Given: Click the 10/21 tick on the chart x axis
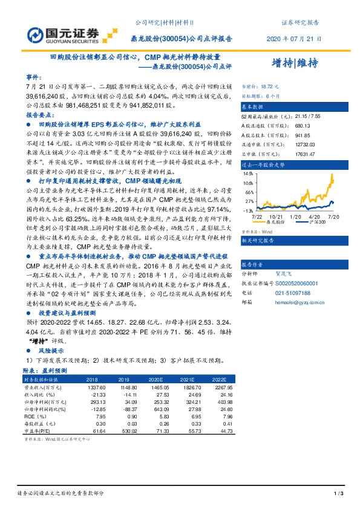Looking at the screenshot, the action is [x=277, y=216].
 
